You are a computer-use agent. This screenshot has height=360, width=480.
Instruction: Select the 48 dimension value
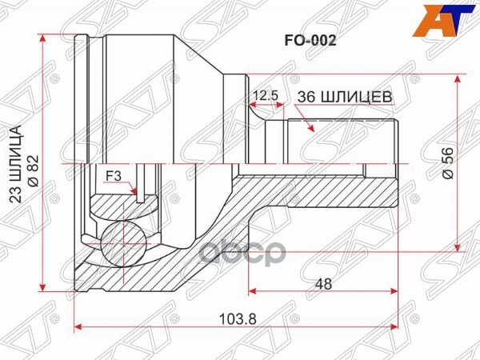tap(323, 284)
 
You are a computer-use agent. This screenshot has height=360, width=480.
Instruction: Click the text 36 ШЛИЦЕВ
tap(345, 97)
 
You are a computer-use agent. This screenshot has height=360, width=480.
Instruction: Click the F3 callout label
tap(114, 174)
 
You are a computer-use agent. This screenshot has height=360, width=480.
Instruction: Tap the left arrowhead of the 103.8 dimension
tap(78, 326)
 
